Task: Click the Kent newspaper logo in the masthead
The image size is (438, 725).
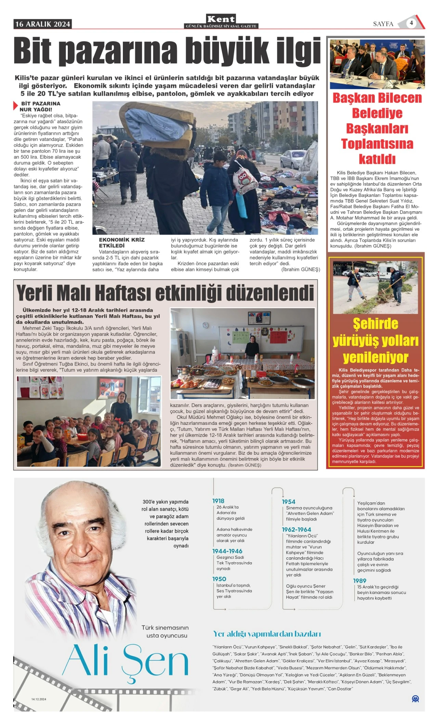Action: click(x=221, y=19)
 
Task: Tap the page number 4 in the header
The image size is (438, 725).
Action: click(x=411, y=23)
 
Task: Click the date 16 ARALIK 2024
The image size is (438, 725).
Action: click(x=43, y=24)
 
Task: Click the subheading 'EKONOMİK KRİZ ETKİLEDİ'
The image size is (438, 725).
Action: click(x=121, y=243)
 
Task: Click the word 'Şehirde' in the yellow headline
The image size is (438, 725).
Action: click(x=375, y=324)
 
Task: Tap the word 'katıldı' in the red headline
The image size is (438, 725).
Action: click(x=377, y=159)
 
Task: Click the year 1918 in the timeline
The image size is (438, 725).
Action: click(x=218, y=501)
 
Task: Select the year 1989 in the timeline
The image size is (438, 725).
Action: click(x=360, y=581)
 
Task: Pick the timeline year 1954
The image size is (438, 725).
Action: click(x=288, y=502)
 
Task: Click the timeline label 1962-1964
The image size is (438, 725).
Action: click(x=296, y=529)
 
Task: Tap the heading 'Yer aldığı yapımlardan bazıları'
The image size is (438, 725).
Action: click(x=267, y=634)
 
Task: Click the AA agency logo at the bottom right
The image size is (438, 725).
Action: click(x=415, y=699)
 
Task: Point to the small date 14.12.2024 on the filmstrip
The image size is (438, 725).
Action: click(x=39, y=699)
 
